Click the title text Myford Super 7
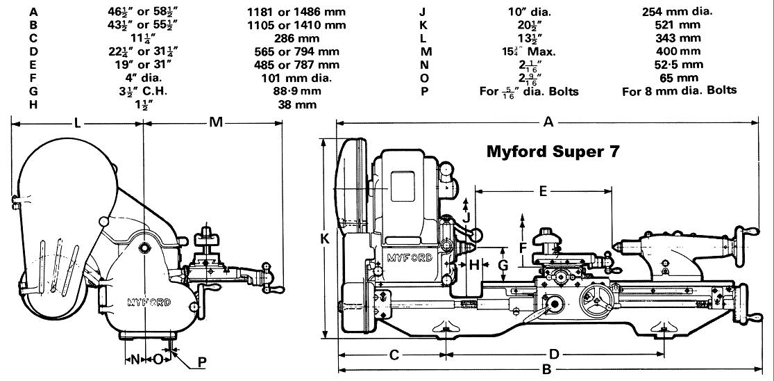553,151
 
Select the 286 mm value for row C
296,38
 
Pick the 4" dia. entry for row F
144,78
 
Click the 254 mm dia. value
678,12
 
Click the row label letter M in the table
426,51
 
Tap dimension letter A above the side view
548,122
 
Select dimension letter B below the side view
546,369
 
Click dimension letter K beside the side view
324,239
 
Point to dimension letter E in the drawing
543,190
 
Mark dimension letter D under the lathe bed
554,355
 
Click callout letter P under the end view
202,362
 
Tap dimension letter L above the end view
77,122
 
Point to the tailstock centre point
612,245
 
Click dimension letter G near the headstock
503,266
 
